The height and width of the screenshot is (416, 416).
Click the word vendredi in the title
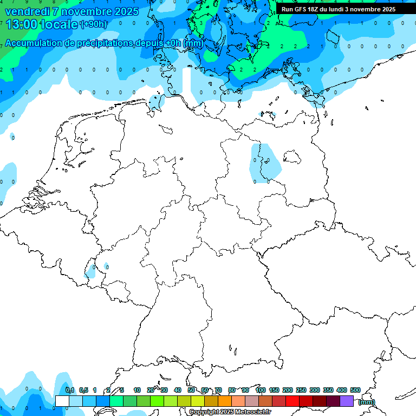click(x=24, y=11)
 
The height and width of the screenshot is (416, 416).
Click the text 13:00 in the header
click(x=22, y=24)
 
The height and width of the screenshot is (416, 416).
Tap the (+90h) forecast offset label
click(x=94, y=24)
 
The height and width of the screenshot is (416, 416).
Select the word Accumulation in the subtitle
click(x=34, y=43)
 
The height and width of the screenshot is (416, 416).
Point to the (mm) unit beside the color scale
click(x=367, y=402)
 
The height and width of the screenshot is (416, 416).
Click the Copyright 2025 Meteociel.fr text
click(x=230, y=412)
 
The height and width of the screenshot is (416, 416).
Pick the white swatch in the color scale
click(x=62, y=401)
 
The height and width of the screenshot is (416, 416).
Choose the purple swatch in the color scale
click(x=347, y=401)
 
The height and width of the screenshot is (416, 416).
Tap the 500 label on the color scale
click(x=355, y=391)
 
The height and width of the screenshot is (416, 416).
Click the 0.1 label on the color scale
click(x=70, y=391)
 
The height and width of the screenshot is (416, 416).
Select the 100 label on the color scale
click(x=261, y=391)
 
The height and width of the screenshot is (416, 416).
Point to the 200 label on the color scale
click(x=288, y=391)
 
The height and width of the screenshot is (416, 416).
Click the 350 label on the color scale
click(x=328, y=391)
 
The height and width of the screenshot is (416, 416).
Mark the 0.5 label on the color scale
click(x=83, y=391)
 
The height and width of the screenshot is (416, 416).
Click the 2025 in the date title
click(x=126, y=11)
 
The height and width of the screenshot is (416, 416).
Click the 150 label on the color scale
click(x=274, y=391)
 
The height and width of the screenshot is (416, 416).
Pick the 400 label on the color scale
click(x=342, y=391)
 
